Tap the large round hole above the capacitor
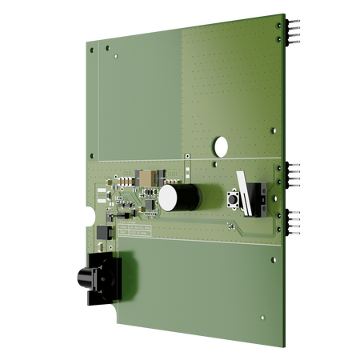tap(218, 146)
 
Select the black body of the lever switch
tap(257, 198)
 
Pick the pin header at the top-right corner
tap(294, 32)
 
